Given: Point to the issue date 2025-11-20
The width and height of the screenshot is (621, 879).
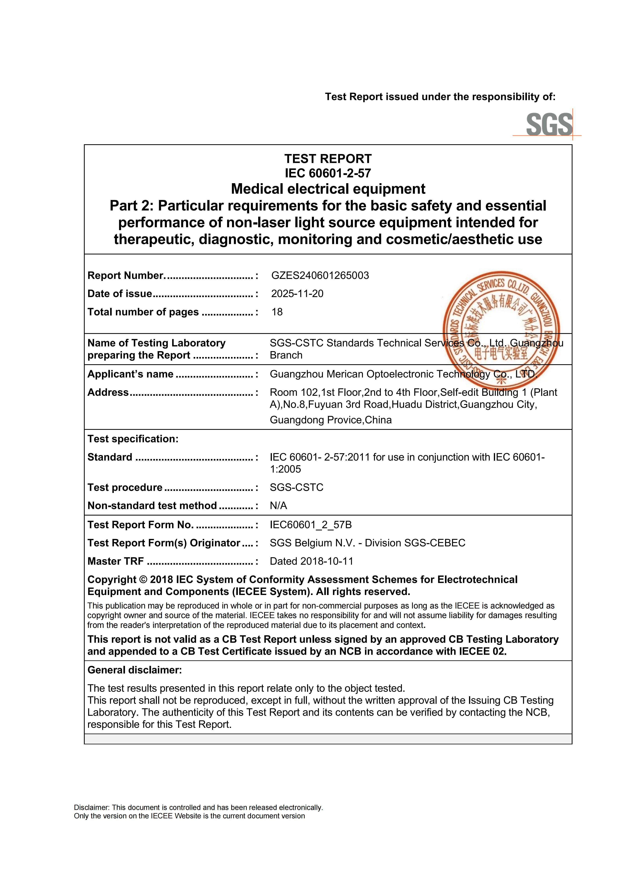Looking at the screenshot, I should [297, 294].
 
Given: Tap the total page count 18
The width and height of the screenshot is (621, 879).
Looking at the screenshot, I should [277, 312].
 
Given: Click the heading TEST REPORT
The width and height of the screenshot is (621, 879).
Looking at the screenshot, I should [328, 159].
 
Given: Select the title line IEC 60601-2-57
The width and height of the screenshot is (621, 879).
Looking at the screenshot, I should [328, 173].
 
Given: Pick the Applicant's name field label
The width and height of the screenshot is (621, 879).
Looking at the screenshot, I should [130, 374].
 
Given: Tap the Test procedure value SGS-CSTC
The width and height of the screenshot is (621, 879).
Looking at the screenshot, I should [297, 487].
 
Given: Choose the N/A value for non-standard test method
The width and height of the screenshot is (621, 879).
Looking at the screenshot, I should [278, 506].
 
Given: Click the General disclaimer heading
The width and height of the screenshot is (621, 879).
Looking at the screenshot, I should [135, 670].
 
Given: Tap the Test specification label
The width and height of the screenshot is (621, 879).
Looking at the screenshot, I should [133, 439].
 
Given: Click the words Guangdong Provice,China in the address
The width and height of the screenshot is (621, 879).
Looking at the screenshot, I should [331, 420].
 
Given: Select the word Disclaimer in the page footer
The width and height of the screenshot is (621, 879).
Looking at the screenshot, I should [91, 807].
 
